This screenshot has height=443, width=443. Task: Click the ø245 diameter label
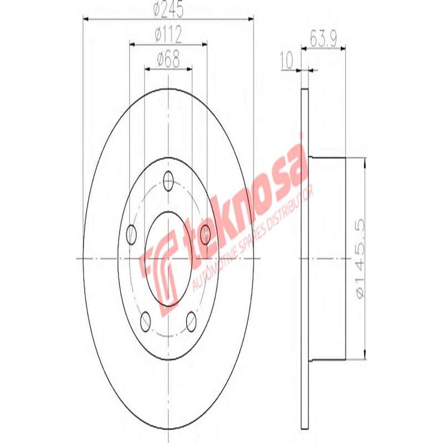point(168,9)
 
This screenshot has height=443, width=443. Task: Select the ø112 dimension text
point(168,35)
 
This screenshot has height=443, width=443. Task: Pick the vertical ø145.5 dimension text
point(360,259)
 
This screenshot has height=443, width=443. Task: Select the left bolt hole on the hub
point(132,235)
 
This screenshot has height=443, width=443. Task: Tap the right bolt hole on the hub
point(205,235)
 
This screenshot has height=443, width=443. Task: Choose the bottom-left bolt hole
point(146,320)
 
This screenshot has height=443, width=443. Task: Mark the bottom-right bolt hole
point(192,320)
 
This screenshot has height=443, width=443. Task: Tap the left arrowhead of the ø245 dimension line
point(86,19)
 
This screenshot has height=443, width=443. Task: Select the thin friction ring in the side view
point(303,259)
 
